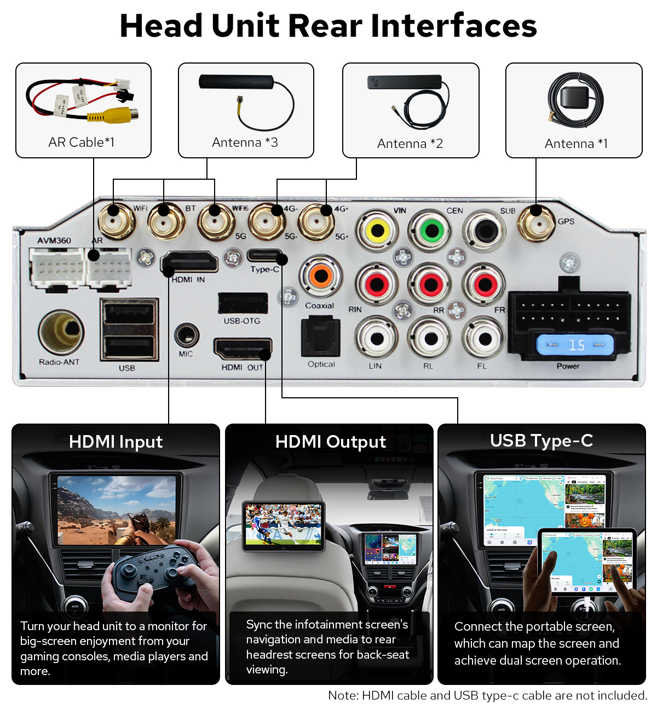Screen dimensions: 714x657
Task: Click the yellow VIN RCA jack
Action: point(377,231)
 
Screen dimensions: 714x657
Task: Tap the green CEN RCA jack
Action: point(431,230)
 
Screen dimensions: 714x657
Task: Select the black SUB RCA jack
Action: point(485,230)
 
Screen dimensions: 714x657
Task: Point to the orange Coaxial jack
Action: point(321,276)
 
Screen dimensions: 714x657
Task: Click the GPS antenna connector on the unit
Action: point(537,222)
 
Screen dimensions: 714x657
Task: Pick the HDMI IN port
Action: point(189,262)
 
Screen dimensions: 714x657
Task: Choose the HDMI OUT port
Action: point(243,349)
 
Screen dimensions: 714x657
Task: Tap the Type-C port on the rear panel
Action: point(265,255)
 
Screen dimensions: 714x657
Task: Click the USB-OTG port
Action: point(243,303)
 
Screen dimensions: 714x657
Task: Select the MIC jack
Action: point(186,335)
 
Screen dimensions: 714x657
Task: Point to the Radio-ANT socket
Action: point(61,332)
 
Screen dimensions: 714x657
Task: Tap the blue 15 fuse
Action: point(575,345)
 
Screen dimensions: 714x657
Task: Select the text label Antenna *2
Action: point(410,144)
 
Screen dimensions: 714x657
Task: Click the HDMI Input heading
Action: point(116,442)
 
